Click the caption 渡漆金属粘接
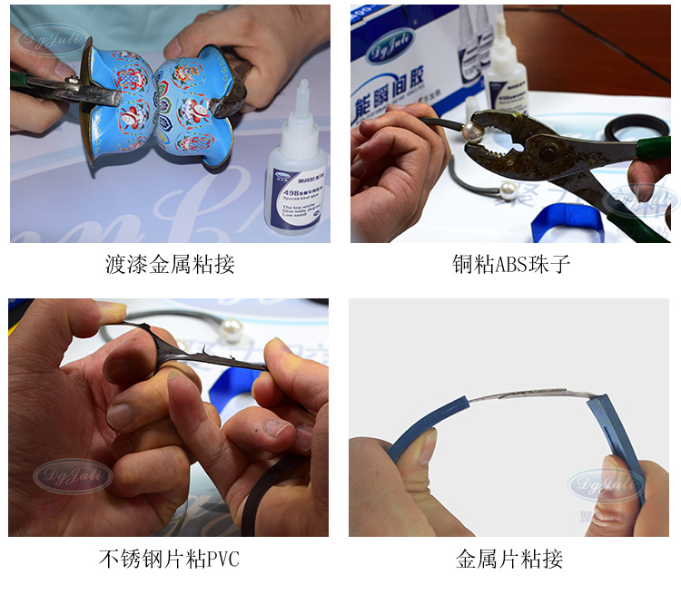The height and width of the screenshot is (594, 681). pos(170,265)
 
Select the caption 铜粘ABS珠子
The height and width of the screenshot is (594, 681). pos(511,265)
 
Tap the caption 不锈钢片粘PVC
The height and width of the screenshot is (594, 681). pos(169,559)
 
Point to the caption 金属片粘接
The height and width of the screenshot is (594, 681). pos(509,559)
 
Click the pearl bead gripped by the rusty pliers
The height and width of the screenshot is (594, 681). pos(471,133)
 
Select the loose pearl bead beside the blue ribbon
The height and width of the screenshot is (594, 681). pos(508,190)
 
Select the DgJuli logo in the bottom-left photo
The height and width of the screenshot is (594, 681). pos(73,475)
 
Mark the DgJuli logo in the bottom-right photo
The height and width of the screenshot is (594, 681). pos(606,484)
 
